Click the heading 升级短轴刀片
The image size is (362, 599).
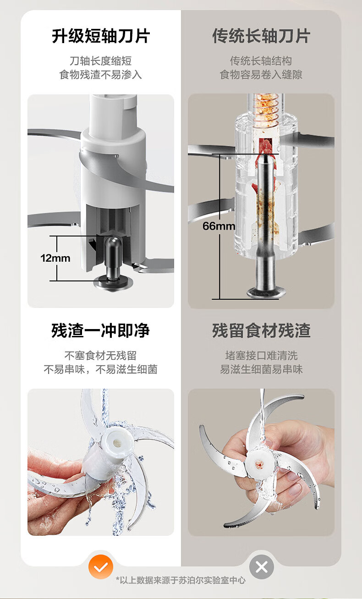[101, 36]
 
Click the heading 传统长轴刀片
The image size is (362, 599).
[261, 36]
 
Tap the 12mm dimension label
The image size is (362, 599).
[55, 258]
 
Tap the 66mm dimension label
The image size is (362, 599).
[219, 226]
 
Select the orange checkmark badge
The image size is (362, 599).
[101, 567]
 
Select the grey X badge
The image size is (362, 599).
[262, 567]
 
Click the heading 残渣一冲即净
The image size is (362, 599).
[100, 331]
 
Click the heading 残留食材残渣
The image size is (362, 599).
[261, 331]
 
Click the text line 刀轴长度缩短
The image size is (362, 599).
[100, 61]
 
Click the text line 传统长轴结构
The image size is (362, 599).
[261, 61]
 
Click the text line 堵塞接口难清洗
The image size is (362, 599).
[261, 356]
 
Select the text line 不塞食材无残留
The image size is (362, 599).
[100, 356]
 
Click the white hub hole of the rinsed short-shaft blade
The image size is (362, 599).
[117, 443]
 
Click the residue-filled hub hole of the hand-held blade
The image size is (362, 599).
[258, 464]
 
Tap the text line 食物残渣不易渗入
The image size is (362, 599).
[100, 75]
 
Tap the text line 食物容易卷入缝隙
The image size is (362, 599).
[261, 75]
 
